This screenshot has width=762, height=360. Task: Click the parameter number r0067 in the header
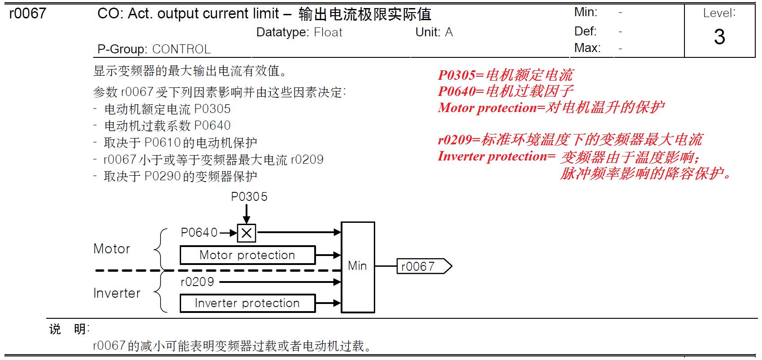pos(27,13)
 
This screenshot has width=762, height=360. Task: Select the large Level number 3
pos(719,37)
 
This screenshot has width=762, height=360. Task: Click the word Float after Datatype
pos(328,32)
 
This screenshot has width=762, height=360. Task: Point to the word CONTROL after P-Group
pos(182,49)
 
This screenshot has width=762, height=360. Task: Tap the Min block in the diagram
pos(358,266)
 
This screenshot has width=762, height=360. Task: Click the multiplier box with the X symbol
pos(247,233)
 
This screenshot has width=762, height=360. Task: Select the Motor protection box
pos(247,255)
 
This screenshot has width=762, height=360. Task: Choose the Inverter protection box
pos(247,303)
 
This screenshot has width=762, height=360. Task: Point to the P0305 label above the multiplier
pos(249,197)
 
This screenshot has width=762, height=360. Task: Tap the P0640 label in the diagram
pos(199,233)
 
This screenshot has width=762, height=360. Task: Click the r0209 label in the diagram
pos(197,282)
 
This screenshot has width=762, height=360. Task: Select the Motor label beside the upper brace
pos(112,249)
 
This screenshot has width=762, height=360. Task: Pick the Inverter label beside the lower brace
pos(117,293)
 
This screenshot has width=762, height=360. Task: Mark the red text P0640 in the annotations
pos(456,91)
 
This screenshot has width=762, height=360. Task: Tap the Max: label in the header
pos(587,48)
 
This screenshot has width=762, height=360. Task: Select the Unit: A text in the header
pos(434,32)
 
